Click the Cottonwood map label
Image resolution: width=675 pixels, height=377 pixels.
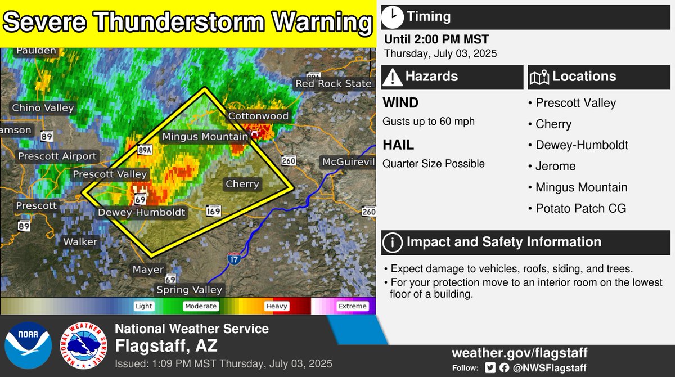[x=258, y=116]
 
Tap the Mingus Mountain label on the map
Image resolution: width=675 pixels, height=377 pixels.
[x=205, y=137]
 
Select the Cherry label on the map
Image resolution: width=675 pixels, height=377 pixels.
[x=242, y=184]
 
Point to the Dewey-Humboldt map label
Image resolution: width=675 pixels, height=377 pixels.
[x=141, y=213]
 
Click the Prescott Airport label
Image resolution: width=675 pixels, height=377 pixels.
[x=58, y=156]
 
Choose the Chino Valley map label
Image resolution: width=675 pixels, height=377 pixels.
[x=43, y=107]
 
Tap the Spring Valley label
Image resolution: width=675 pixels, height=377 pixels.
[x=190, y=290]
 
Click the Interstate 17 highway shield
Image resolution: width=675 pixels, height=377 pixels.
[x=234, y=259]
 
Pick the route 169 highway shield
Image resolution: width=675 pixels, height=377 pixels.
[x=213, y=211]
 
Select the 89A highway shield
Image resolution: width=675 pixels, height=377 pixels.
[x=145, y=150]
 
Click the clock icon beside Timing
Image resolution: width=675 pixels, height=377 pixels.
[x=392, y=16]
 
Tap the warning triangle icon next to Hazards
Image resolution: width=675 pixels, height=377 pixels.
[x=392, y=77]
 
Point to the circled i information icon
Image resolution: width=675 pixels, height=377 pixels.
[x=392, y=243]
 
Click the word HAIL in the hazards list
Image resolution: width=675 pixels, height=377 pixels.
[x=398, y=145]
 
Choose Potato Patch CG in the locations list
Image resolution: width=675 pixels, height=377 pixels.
[x=580, y=209]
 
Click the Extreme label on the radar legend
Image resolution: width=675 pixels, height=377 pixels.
[x=352, y=307]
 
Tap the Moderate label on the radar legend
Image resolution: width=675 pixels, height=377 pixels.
[x=200, y=307]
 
